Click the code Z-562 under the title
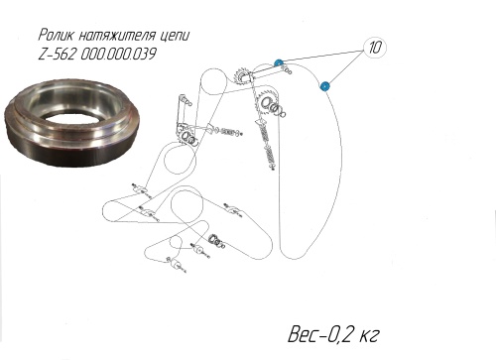57,55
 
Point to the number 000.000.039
118,55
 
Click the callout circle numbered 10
375,48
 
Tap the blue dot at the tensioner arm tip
279,62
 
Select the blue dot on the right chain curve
325,86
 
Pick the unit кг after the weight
368,336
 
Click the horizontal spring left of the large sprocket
227,131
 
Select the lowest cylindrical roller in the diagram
176,265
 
